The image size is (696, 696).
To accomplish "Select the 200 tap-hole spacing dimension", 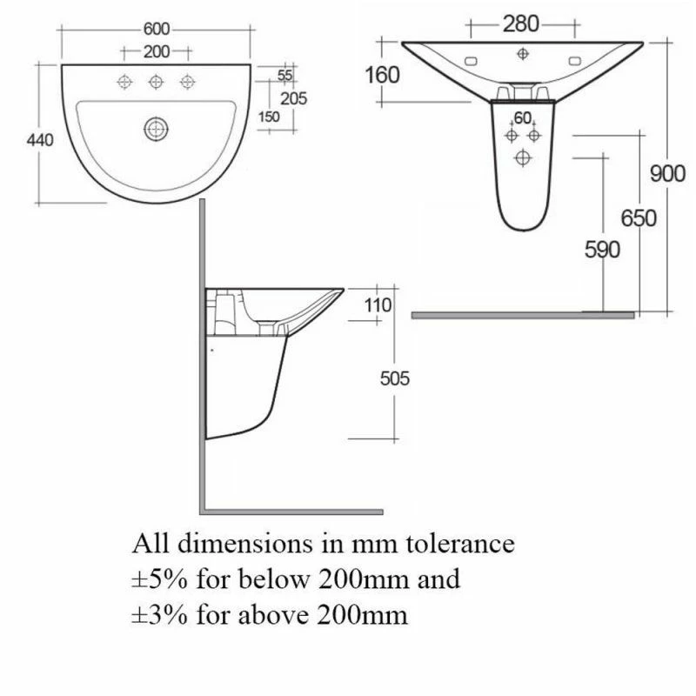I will coord(157,51).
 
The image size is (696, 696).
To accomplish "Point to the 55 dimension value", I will coord(284,76).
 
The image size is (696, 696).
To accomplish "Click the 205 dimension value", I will coord(294,98).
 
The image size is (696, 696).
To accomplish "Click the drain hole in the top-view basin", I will coord(156,130).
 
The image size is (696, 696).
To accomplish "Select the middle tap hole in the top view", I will coord(156,82).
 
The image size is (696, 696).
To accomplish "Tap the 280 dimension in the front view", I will coord(521,23).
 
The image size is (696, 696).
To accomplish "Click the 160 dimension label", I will coord(383,75).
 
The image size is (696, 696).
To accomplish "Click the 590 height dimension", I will coord(602,251).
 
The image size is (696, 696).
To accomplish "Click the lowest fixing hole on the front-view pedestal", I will coord(523,157).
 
